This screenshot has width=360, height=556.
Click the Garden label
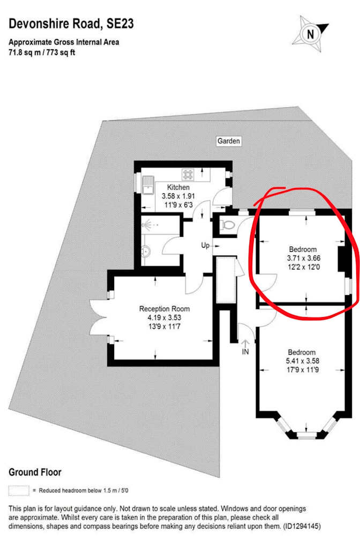point(228,141)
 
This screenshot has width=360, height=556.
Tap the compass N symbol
point(310,34)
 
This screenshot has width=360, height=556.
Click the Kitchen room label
point(178,187)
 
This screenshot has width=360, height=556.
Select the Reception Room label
point(164,309)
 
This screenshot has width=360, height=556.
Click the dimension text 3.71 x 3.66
point(304,258)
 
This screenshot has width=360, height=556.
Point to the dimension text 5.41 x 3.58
point(303,361)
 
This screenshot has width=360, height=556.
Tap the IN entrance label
point(245,352)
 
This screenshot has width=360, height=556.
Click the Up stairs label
point(205,245)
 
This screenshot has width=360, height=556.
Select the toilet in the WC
point(227,225)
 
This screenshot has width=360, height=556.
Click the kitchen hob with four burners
point(188,174)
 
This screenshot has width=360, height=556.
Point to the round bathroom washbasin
point(146,251)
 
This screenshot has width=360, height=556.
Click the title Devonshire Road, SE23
point(71,24)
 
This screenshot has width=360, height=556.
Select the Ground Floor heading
point(35,472)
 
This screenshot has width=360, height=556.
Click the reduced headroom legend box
point(19,491)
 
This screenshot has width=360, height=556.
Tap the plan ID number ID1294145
point(302,526)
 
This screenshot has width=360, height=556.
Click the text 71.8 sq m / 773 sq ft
point(42,52)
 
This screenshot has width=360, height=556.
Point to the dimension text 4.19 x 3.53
point(164,318)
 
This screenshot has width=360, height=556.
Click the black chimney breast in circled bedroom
point(342,259)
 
